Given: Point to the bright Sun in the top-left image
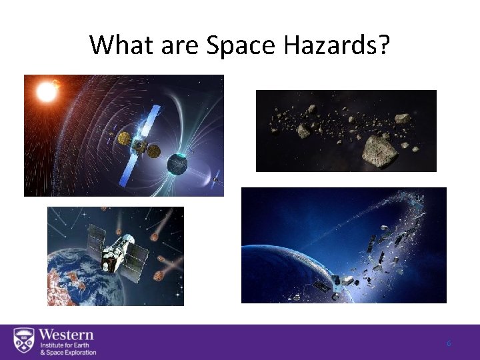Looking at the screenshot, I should coord(46,91).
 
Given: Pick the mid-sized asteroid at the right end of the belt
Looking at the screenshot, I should coord(402,119).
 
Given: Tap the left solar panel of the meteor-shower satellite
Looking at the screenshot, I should coord(97,236).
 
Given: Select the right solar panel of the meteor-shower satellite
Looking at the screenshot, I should coord(137,254).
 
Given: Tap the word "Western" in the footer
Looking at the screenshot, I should coord(66,334).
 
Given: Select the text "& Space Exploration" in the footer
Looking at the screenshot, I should coord(67,352).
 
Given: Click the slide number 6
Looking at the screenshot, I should coord(449,343).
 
